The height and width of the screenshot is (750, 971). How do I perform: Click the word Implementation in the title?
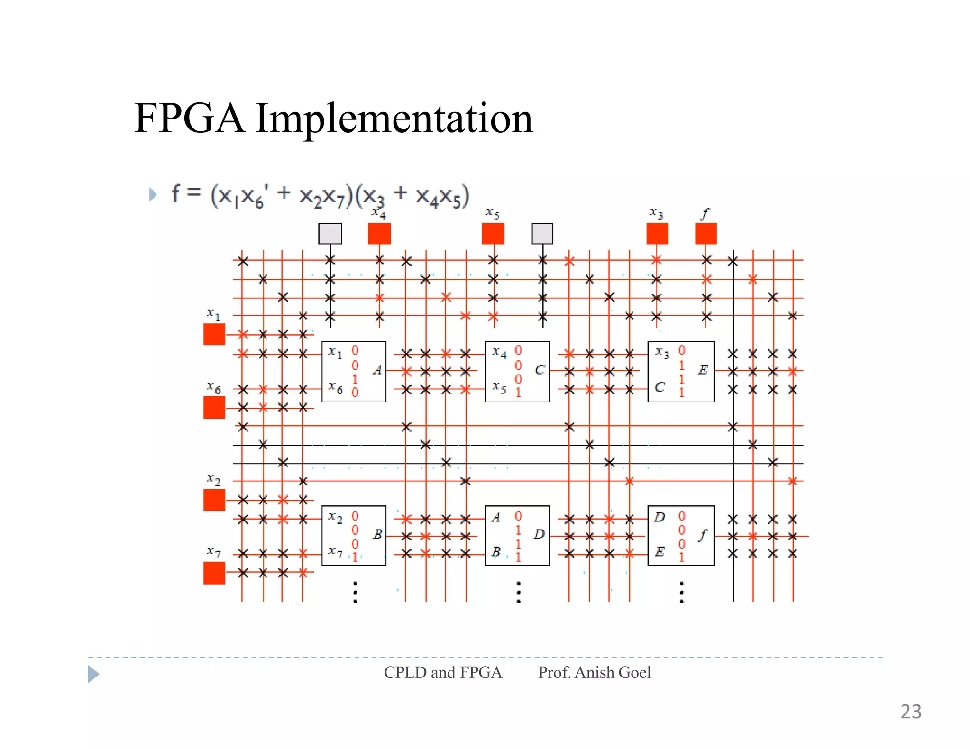click(x=394, y=119)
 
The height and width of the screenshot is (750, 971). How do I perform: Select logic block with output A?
click(x=354, y=372)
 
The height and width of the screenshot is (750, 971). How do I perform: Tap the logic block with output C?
click(x=517, y=372)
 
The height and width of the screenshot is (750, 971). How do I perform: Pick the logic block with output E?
click(x=681, y=372)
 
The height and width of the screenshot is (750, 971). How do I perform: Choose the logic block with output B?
click(x=354, y=535)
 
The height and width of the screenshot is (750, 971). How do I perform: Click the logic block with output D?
click(x=517, y=535)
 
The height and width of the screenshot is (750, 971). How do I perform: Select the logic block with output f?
click(x=681, y=535)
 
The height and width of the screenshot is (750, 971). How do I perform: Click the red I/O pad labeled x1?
click(x=214, y=334)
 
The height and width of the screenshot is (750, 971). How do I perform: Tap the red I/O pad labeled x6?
click(x=214, y=407)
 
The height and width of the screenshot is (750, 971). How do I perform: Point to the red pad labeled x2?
click(x=214, y=500)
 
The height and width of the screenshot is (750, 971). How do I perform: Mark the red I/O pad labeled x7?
click(x=214, y=573)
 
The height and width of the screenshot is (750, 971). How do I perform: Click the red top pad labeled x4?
click(x=379, y=234)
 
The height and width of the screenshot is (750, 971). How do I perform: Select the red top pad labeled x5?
click(x=493, y=234)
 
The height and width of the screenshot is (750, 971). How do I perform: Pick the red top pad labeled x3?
click(x=657, y=234)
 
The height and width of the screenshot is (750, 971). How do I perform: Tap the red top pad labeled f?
click(x=706, y=234)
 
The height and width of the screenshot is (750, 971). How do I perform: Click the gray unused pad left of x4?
click(x=330, y=234)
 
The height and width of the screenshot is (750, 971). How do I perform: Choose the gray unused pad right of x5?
click(x=542, y=234)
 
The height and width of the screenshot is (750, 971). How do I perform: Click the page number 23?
click(x=911, y=712)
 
